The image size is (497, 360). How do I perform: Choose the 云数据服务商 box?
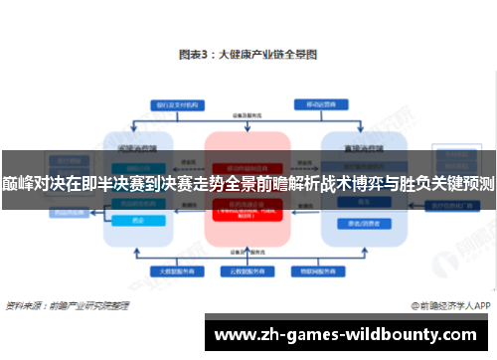pyautogui.click(x=248, y=271)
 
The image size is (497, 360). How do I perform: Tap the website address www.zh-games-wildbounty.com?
pyautogui.click(x=351, y=335)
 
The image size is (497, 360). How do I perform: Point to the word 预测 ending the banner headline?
pyautogui.click(x=477, y=183)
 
